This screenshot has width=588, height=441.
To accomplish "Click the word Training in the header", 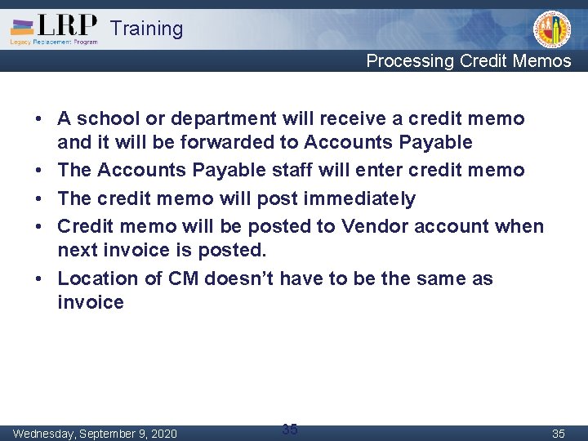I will click(x=146, y=29).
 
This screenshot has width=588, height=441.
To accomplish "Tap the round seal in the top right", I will click(x=552, y=29).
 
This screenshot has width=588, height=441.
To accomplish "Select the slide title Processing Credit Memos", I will click(x=468, y=60).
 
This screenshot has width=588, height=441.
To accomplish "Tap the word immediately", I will click(x=361, y=198).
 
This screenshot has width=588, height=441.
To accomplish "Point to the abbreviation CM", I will click(x=183, y=278).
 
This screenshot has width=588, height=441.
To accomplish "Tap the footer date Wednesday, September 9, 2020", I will click(x=95, y=433).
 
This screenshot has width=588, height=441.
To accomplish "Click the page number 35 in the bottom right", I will click(x=558, y=433).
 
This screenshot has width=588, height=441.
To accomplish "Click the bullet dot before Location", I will click(x=39, y=278).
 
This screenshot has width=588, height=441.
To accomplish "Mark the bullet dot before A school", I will click(x=39, y=118).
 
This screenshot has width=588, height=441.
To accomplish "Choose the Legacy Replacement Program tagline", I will click(x=53, y=41).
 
